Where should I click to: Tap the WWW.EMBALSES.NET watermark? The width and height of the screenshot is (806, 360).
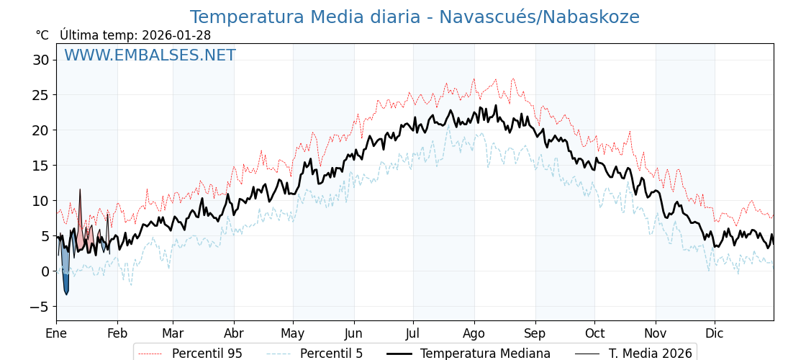click(150, 55)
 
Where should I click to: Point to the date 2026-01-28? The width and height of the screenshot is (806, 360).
click(176, 35)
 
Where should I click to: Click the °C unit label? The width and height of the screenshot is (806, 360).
click(42, 35)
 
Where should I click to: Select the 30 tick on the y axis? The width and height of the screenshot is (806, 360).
click(40, 60)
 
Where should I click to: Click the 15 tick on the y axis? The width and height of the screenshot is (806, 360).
click(40, 166)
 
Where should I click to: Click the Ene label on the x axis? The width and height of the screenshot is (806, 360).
click(56, 333)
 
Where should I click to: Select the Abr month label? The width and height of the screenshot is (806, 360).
click(233, 333)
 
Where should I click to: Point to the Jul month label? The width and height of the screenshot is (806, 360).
click(413, 333)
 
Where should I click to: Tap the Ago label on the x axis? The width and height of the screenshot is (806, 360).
click(474, 333)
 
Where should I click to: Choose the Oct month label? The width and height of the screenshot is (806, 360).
click(594, 333)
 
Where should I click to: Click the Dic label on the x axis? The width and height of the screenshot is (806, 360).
click(715, 333)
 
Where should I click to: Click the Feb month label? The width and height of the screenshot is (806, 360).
click(117, 333)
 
